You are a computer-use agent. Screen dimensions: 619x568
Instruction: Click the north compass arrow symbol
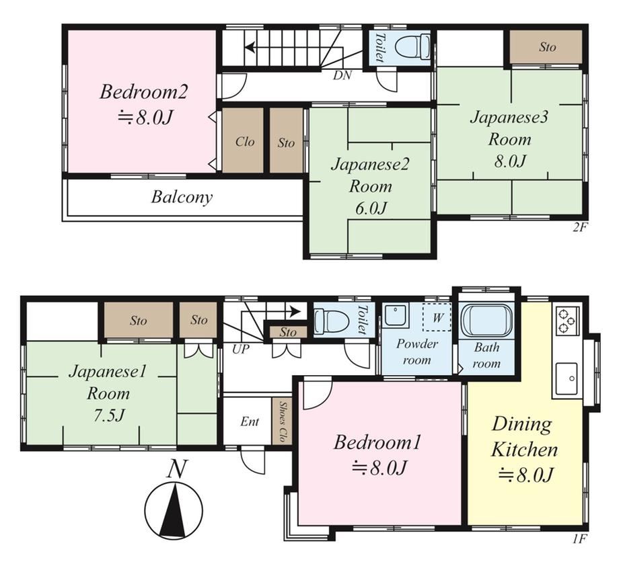point(174,509)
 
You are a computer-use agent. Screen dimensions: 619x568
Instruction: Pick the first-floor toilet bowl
point(331,319)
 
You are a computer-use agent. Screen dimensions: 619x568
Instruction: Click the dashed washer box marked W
point(437,317)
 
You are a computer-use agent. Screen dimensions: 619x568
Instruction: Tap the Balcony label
point(182,197)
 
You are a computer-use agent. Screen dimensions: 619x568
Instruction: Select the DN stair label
point(342,75)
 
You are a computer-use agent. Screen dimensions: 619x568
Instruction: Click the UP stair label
point(241,349)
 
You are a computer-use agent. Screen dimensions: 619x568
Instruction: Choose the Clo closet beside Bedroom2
point(243,140)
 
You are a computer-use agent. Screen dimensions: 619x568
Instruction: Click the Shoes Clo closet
point(281,421)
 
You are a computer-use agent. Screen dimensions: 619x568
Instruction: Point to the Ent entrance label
point(250,421)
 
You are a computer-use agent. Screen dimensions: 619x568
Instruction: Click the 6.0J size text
point(371,208)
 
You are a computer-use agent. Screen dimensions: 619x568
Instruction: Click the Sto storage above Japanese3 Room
point(546,46)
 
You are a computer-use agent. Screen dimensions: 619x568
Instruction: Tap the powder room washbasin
point(396,315)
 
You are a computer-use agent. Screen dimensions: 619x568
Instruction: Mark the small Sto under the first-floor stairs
point(288,332)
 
